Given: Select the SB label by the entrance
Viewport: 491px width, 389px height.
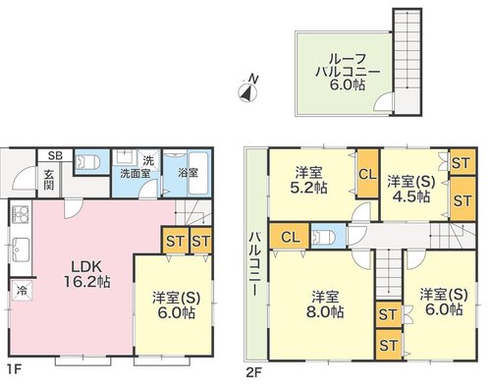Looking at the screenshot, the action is (55, 155).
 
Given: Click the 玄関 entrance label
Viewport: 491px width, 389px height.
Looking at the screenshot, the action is (49, 180).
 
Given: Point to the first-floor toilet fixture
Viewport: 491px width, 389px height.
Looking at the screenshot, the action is (87, 162).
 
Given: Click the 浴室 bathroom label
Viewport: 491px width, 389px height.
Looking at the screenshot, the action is (188, 173).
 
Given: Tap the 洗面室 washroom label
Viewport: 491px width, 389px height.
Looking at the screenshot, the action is (135, 173).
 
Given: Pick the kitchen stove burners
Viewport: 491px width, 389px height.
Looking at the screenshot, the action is (21, 214).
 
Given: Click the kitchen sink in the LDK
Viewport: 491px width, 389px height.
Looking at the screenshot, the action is (21, 250).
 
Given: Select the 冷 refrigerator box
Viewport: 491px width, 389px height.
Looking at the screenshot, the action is (23, 290).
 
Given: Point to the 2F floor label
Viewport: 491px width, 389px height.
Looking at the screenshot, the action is (253, 372).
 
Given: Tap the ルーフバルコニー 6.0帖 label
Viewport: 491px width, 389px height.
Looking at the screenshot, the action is (348, 72).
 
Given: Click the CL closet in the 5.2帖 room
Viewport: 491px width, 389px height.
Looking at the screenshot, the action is (367, 174).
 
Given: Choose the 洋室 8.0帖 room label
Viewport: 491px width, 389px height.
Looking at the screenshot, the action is (325, 305).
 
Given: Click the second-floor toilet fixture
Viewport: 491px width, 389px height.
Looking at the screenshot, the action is (323, 237).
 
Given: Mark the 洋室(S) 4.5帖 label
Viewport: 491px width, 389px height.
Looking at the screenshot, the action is (411, 189).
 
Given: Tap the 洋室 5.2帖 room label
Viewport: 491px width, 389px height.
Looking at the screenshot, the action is (308, 180).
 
